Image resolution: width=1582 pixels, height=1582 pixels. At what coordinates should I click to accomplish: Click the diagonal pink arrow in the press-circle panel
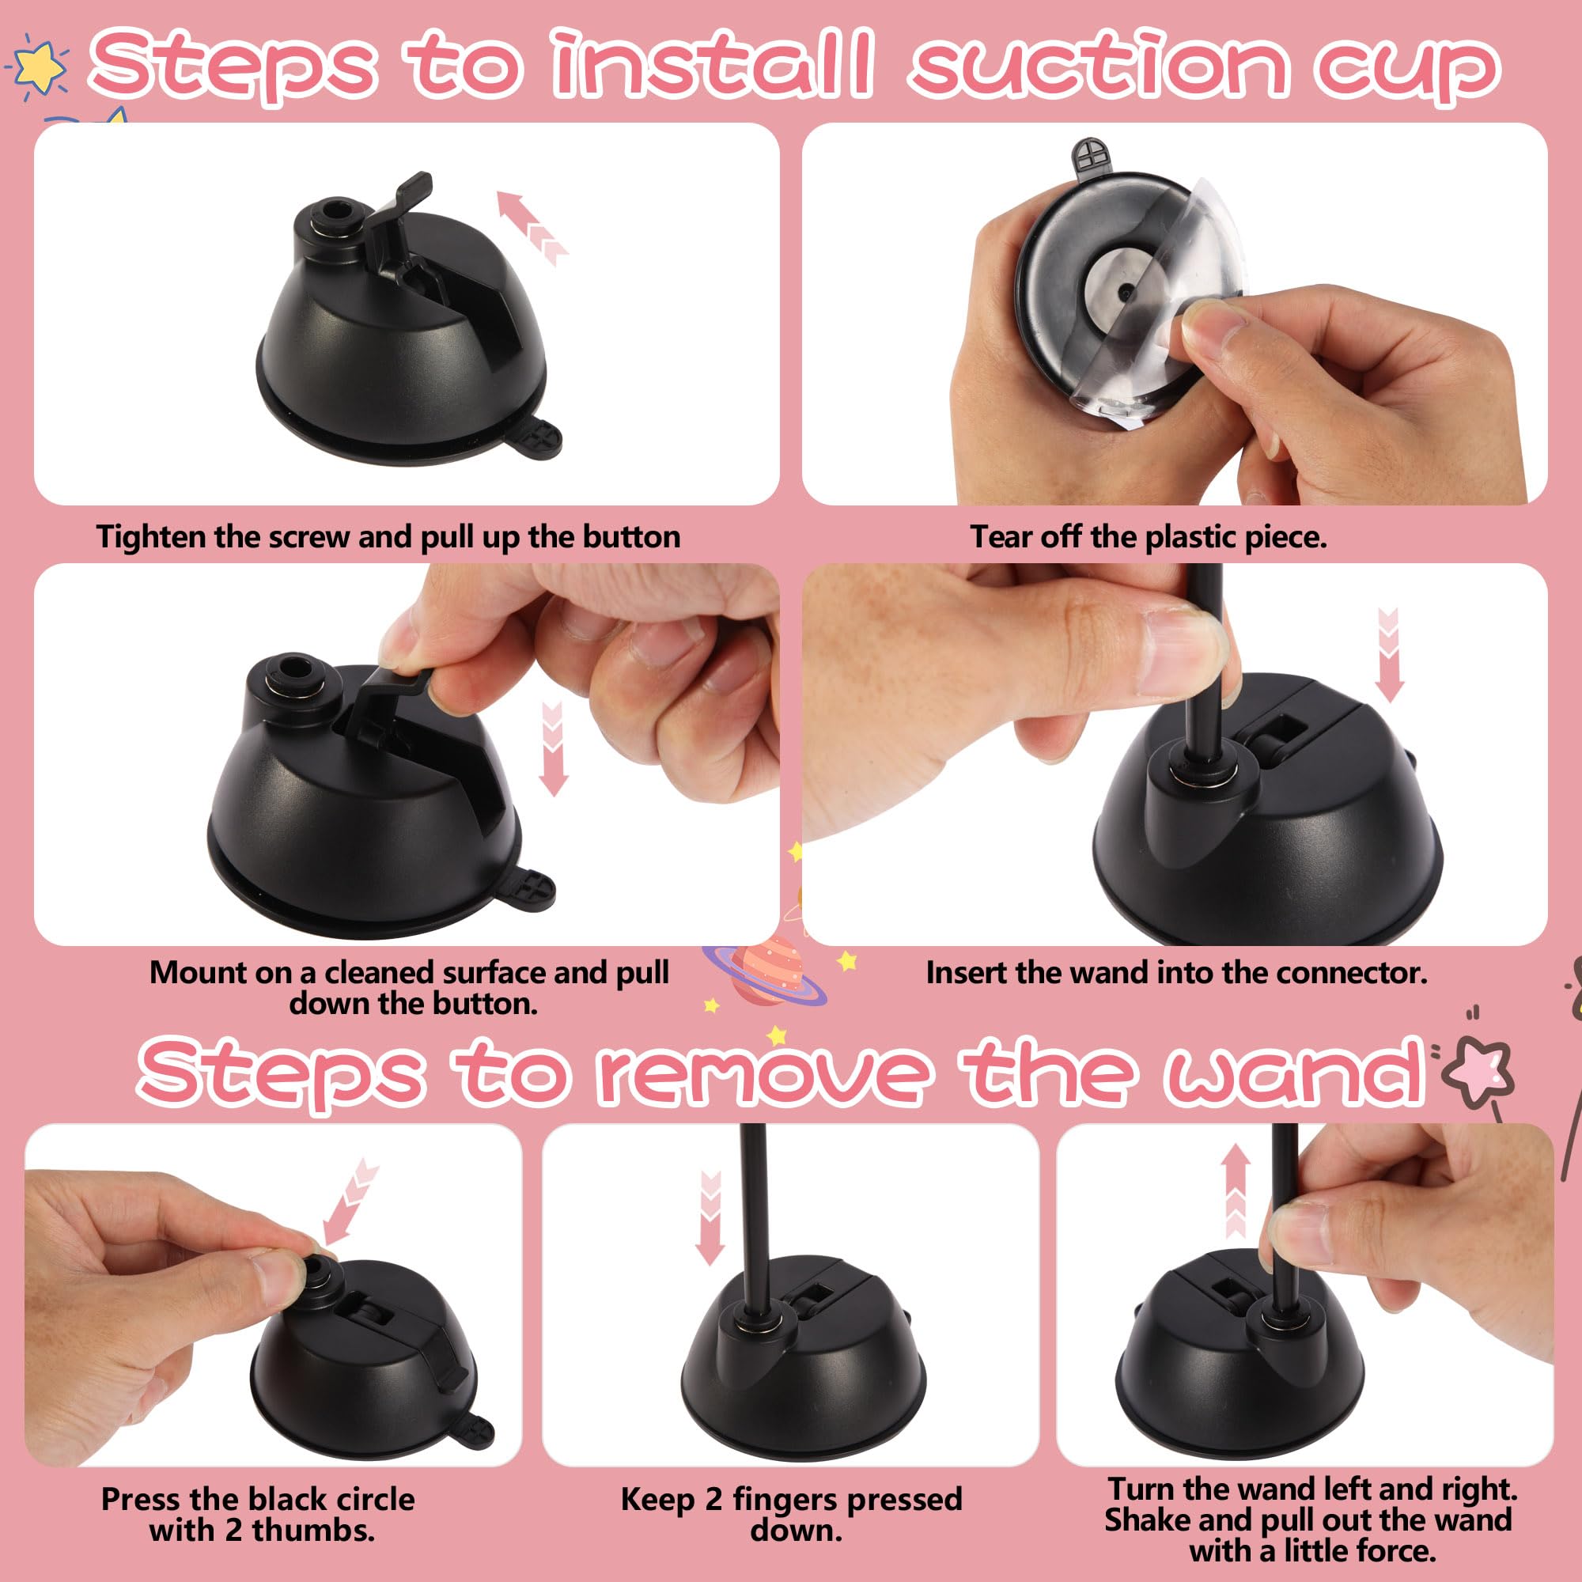point(350,1201)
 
